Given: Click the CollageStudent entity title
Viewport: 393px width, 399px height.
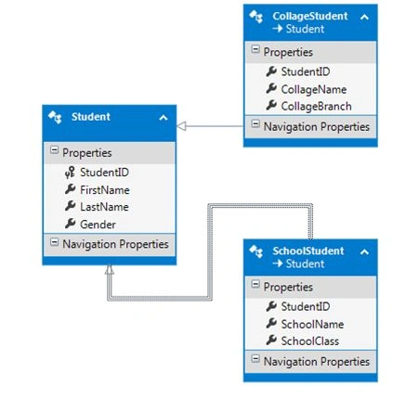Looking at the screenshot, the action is (309, 16).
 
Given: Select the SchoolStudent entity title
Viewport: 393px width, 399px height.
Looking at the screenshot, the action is (308, 251).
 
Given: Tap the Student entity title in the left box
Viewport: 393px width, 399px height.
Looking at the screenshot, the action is (91, 117).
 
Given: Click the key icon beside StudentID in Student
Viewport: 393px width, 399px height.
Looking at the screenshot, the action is (70, 173).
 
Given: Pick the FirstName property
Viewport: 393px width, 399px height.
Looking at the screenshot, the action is (105, 190).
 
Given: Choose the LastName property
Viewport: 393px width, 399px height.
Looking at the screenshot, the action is (104, 207).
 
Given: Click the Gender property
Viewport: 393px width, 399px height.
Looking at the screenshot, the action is (98, 225).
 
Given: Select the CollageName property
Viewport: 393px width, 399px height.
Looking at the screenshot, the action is (314, 90).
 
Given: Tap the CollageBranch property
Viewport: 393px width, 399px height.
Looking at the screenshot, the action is (316, 107).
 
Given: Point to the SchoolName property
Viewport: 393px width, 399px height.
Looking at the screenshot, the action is (312, 324).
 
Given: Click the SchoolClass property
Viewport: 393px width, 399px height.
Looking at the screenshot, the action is (310, 341).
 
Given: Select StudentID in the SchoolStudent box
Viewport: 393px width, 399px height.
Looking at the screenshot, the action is (306, 306).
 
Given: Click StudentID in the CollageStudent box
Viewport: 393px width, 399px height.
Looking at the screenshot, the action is (306, 71).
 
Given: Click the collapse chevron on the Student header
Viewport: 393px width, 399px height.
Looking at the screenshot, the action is (164, 118).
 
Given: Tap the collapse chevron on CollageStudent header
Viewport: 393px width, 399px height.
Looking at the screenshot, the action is (364, 17).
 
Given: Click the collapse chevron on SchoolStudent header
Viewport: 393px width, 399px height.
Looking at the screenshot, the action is (364, 252).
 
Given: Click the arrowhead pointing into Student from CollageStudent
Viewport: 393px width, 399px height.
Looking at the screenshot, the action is (181, 126).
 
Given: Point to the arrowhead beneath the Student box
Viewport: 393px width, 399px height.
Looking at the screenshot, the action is (110, 270).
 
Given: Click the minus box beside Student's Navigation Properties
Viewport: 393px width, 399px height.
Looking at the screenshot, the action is (54, 242).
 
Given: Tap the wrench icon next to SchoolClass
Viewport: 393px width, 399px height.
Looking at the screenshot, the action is (271, 341).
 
